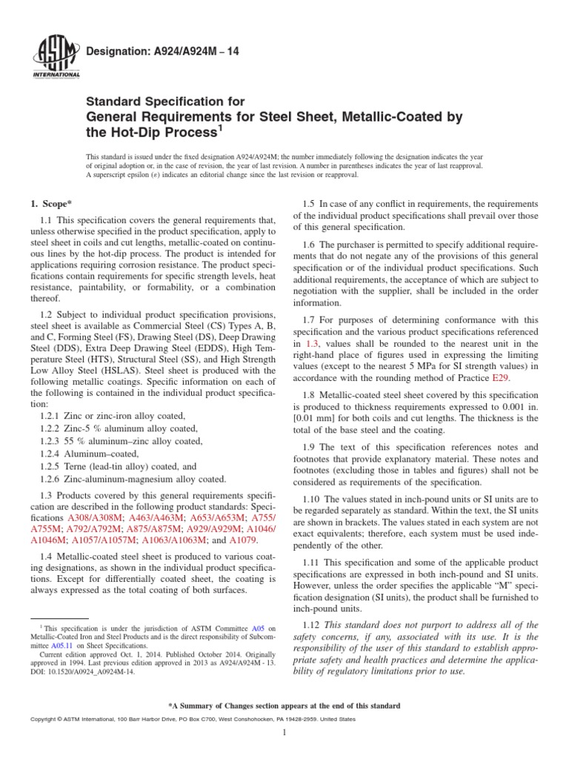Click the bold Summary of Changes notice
tap(284, 706)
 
